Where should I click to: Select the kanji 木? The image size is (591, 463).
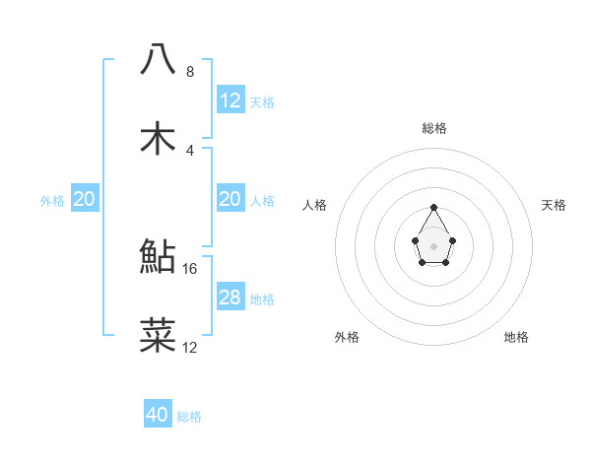[159, 138]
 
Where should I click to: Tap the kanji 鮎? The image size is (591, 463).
[159, 256]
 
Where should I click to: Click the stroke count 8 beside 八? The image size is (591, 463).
[189, 71]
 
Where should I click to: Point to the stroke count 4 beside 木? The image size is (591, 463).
[189, 150]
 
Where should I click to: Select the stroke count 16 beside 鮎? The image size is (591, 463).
[191, 268]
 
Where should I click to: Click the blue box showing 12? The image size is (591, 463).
[230, 100]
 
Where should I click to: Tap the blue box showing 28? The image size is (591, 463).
[230, 298]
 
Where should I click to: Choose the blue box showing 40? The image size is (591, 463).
[158, 415]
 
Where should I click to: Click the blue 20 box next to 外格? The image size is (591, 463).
[85, 199]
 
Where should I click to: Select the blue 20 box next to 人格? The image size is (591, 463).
[230, 199]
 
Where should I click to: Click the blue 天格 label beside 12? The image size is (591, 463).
[262, 101]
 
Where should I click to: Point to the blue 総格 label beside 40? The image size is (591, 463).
[189, 417]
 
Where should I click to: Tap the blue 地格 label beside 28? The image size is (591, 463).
[262, 298]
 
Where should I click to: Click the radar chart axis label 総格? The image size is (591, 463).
[433, 128]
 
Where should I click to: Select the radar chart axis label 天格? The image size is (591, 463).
[554, 205]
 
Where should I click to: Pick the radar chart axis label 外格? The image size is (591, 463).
[347, 337]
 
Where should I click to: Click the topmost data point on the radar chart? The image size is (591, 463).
[433, 207]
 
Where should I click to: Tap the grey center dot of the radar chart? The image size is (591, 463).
[433, 244]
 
